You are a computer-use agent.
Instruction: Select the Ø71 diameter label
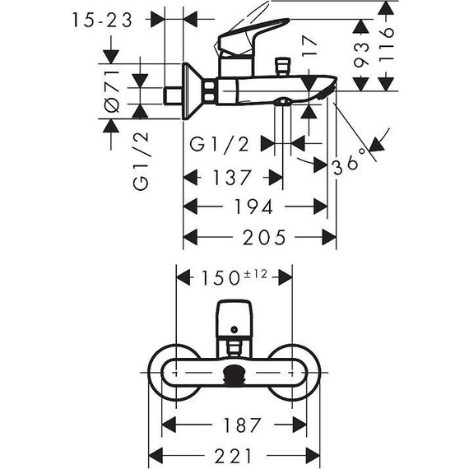pos(114,89)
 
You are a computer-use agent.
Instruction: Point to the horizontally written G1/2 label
pos(219,143)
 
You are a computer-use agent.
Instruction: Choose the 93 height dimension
pos(360,56)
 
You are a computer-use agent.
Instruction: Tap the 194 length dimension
pos(255,207)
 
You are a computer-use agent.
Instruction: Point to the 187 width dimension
pos(234,425)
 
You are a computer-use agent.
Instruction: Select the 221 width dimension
pos(234,455)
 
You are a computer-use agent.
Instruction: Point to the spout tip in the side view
pos(325,86)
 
